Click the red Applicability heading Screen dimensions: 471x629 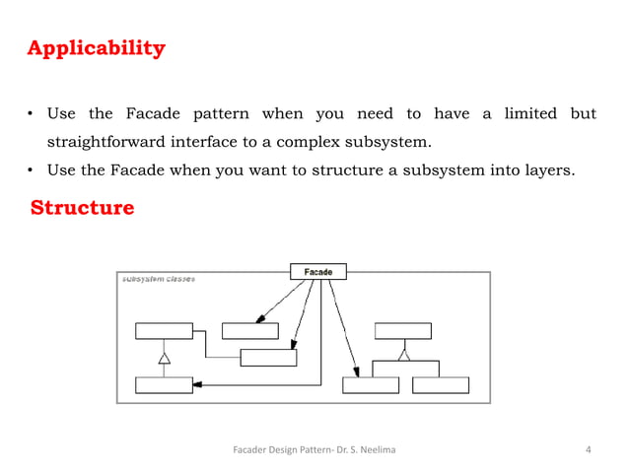[x=96, y=48]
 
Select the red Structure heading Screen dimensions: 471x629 [x=82, y=209]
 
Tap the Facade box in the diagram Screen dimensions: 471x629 [x=317, y=272]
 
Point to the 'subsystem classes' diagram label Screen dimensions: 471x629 [x=158, y=279]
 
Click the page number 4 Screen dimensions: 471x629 [x=589, y=451]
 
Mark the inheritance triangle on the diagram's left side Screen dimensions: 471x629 [x=165, y=358]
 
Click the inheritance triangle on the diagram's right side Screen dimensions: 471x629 [x=402, y=355]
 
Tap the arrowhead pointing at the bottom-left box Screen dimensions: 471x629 [x=197, y=383]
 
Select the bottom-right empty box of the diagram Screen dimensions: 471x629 [x=441, y=384]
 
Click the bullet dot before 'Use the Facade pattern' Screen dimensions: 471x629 [x=32, y=115]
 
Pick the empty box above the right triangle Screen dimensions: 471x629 [x=402, y=330]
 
